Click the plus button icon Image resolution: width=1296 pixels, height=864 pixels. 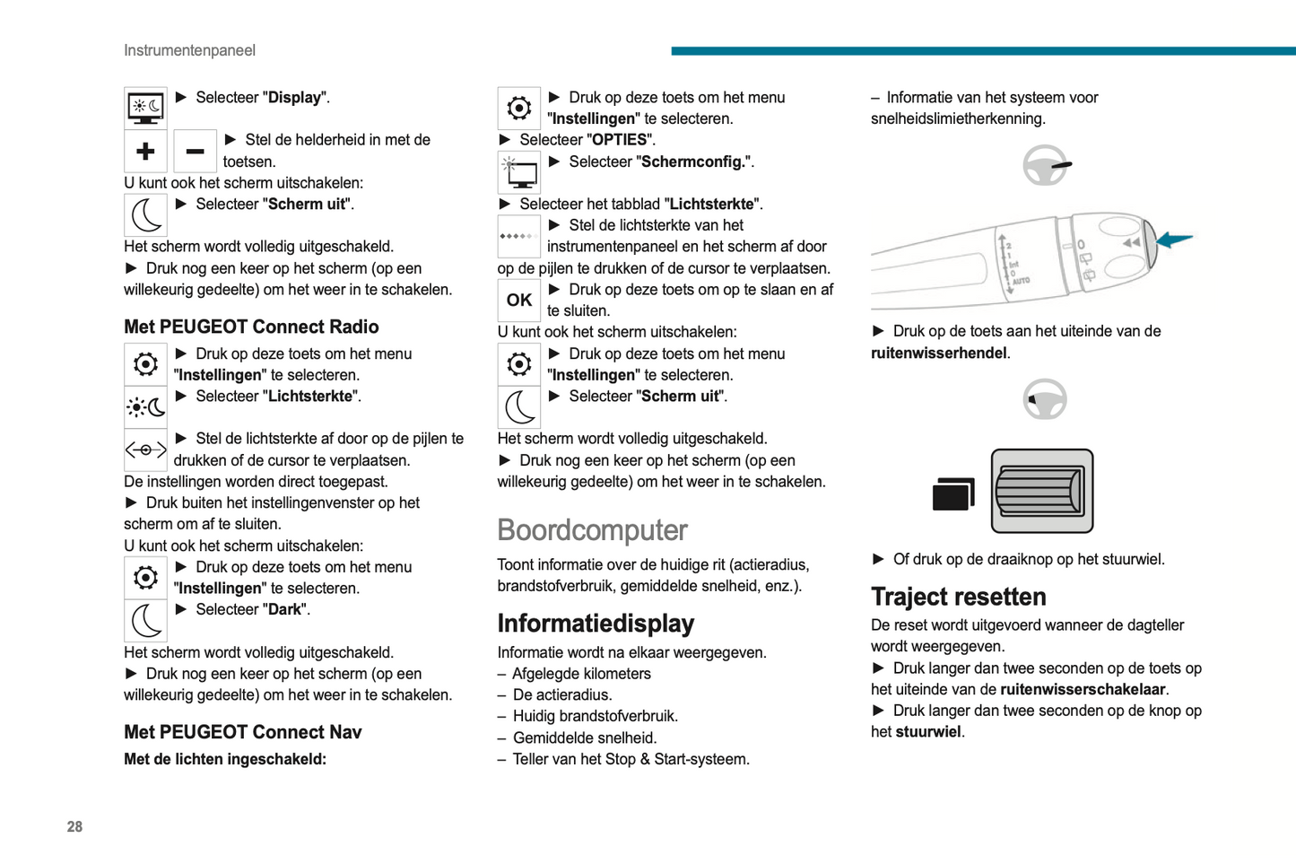pos(145,152)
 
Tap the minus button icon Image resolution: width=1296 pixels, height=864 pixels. pos(195,152)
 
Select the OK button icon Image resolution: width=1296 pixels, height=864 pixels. pos(518,301)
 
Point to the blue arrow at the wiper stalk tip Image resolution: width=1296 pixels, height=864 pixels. pos(1175,239)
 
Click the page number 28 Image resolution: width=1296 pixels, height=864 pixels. pos(74,826)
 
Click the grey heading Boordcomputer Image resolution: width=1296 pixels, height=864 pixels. pos(592,530)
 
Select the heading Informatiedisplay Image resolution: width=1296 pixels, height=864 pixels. pos(596,624)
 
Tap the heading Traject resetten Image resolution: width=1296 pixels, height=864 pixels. pos(958,597)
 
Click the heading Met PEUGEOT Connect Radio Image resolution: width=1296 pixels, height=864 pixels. pos(251,327)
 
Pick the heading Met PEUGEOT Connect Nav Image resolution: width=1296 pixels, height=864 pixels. pos(242,732)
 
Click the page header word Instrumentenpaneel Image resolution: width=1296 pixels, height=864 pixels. pos(189,50)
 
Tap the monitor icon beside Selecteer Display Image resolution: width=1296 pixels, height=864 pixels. pos(145,109)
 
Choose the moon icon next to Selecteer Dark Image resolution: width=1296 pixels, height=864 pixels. pos(145,620)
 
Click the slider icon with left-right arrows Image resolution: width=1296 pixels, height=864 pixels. pos(145,450)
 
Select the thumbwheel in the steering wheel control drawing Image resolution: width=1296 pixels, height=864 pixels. pos(1040,491)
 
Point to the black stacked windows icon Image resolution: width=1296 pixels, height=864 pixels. pos(952,493)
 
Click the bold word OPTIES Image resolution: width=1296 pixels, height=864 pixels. pos(619,140)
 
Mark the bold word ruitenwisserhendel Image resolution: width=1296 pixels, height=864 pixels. pos(938,353)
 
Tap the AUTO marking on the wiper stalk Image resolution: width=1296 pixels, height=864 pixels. pos(1021,281)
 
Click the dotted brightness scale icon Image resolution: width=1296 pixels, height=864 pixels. pos(518,237)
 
